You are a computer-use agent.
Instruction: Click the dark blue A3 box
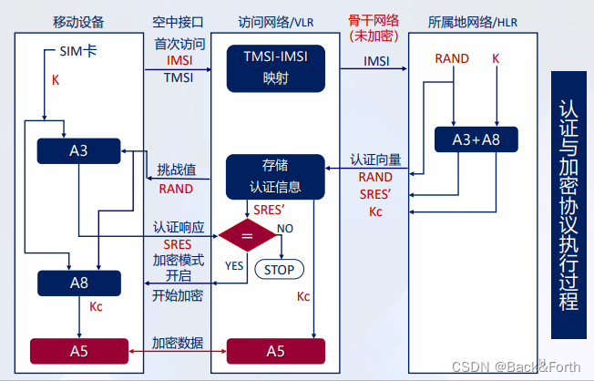(x=78, y=150)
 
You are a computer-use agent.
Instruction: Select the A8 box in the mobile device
(x=78, y=283)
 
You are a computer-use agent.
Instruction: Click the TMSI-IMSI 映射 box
(x=274, y=68)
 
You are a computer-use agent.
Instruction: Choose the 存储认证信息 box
(x=274, y=177)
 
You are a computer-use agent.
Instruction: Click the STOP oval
(x=279, y=269)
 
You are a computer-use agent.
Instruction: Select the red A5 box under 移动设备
(x=78, y=350)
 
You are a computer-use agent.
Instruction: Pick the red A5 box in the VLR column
(x=274, y=350)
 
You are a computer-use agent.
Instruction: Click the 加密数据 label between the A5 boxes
(x=178, y=343)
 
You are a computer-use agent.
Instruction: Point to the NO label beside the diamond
(x=285, y=228)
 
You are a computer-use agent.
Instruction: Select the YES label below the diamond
(x=234, y=265)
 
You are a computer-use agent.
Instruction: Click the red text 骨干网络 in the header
(x=374, y=20)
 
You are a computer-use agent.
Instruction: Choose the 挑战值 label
(x=176, y=170)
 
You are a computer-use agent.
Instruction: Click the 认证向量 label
(x=375, y=160)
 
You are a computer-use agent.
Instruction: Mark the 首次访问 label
(x=178, y=43)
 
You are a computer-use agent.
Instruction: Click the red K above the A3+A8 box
(x=496, y=59)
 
